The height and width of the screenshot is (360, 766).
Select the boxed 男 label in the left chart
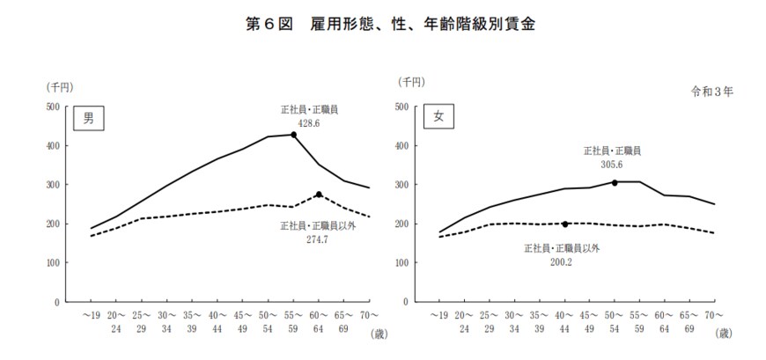pyautogui.click(x=88, y=119)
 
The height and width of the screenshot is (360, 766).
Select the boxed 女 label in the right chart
pyautogui.click(x=438, y=117)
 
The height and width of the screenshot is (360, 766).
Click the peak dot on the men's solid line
pyautogui.click(x=294, y=135)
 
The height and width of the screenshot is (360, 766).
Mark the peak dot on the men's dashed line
pyautogui.click(x=319, y=195)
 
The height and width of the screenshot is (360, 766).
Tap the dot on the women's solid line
pyautogui.click(x=615, y=182)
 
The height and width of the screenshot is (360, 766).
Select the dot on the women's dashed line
pyautogui.click(x=565, y=224)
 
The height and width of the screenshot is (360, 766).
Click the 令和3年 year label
pyautogui.click(x=711, y=91)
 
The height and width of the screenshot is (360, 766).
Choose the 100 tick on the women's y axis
pyautogui.click(x=401, y=263)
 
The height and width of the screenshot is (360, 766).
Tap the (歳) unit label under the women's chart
pyautogui.click(x=723, y=333)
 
